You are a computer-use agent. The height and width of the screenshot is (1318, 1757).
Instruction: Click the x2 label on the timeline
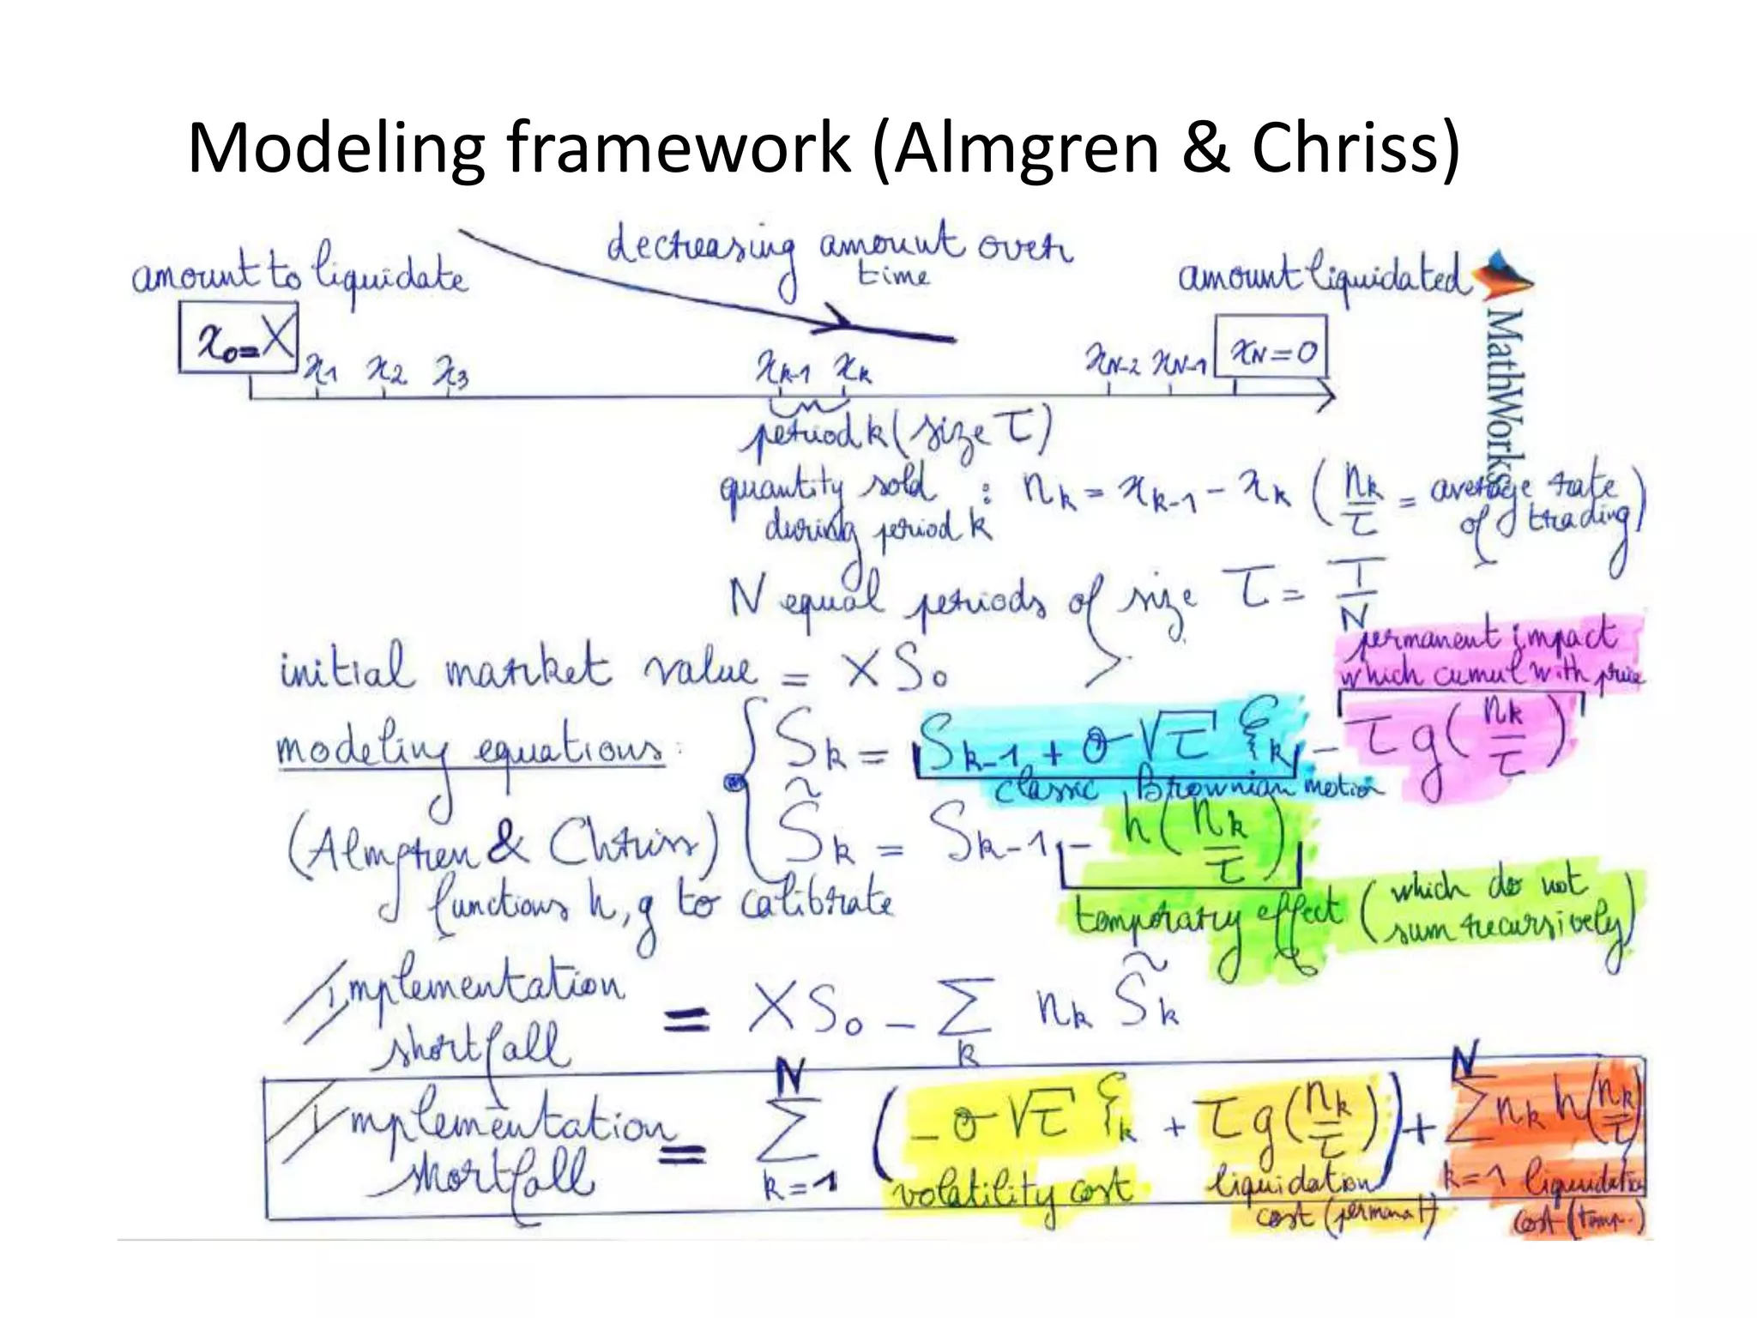pyautogui.click(x=385, y=371)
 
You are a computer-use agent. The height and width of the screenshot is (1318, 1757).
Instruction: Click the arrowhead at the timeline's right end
pyautogui.click(x=1326, y=397)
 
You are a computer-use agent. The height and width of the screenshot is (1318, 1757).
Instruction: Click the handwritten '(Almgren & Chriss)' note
pyautogui.click(x=504, y=844)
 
